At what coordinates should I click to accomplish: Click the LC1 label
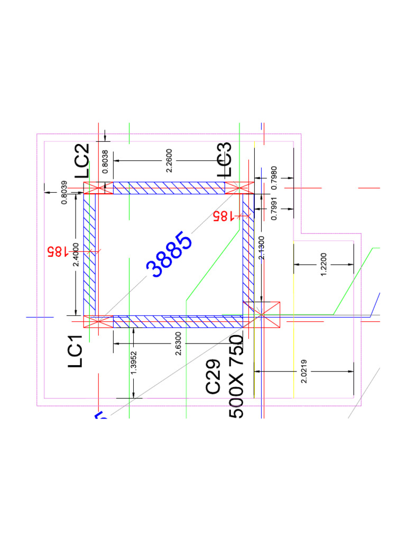(76, 351)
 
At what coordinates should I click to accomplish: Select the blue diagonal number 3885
(170, 255)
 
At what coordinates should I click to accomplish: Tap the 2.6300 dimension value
(178, 344)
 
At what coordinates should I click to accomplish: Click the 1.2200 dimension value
(324, 264)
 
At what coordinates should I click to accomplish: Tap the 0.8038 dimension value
(105, 161)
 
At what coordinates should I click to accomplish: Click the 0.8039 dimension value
(64, 193)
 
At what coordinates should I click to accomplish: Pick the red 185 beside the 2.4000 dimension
(57, 251)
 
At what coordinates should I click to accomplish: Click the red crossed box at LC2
(98, 188)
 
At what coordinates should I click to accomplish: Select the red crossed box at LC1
(98, 322)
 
